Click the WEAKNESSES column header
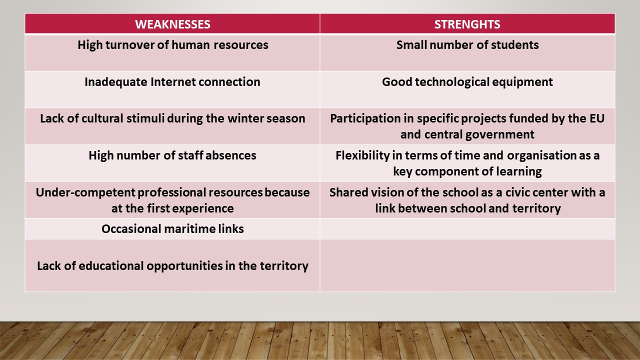click(x=172, y=24)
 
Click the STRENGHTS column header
click(x=467, y=24)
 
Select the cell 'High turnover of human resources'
click(x=172, y=52)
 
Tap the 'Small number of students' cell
click(x=467, y=52)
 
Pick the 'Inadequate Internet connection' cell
click(x=172, y=89)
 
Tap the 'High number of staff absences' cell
click(x=172, y=163)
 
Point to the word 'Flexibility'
click(x=362, y=155)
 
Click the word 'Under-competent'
click(x=85, y=193)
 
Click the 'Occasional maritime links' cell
click(x=172, y=229)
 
